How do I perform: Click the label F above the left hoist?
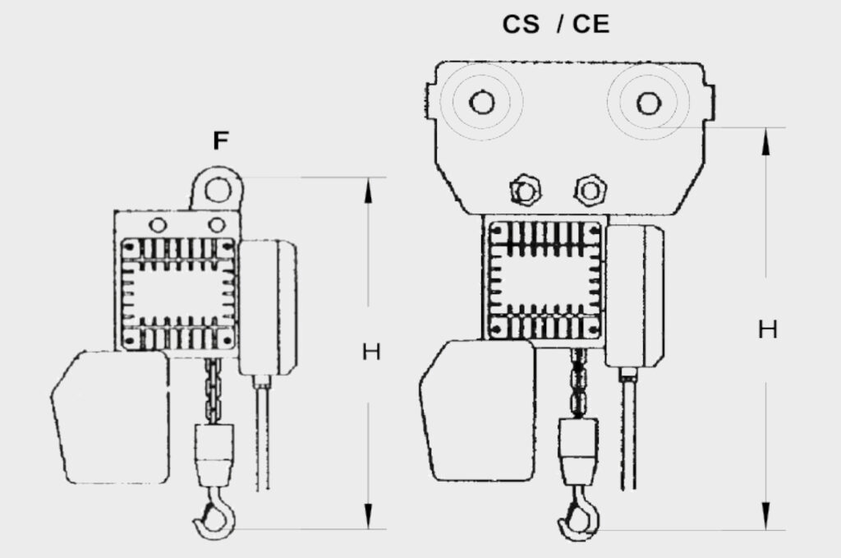[220, 141]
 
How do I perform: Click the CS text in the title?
[520, 25]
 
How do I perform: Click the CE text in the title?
[591, 25]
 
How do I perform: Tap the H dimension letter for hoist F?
[371, 353]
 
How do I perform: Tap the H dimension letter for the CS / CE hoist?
[768, 330]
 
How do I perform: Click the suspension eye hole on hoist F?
[218, 189]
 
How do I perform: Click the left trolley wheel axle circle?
[481, 102]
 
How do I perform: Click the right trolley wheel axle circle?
[649, 103]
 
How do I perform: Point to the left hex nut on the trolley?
[525, 190]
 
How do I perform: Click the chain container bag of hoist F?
[111, 417]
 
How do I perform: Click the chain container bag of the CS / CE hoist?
[476, 410]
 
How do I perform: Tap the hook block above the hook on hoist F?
[214, 454]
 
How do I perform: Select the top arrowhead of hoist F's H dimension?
[368, 191]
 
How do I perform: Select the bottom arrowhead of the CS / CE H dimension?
[766, 516]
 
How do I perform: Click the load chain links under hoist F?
[213, 390]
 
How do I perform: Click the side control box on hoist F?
[269, 307]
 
